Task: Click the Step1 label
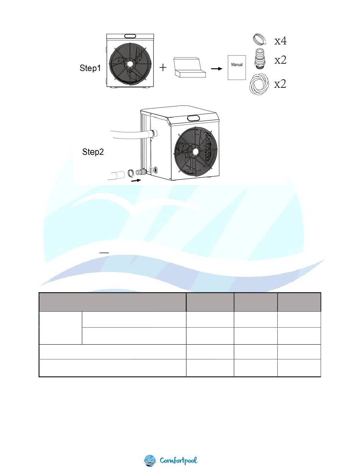click(90, 68)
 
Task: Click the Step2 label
click(93, 152)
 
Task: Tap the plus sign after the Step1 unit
click(163, 68)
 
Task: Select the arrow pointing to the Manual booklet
click(217, 69)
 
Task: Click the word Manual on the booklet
click(237, 65)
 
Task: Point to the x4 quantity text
click(280, 41)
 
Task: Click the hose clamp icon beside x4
click(260, 39)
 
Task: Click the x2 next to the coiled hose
click(280, 84)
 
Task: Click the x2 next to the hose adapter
click(280, 60)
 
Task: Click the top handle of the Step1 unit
click(130, 36)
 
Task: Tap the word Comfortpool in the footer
click(178, 461)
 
